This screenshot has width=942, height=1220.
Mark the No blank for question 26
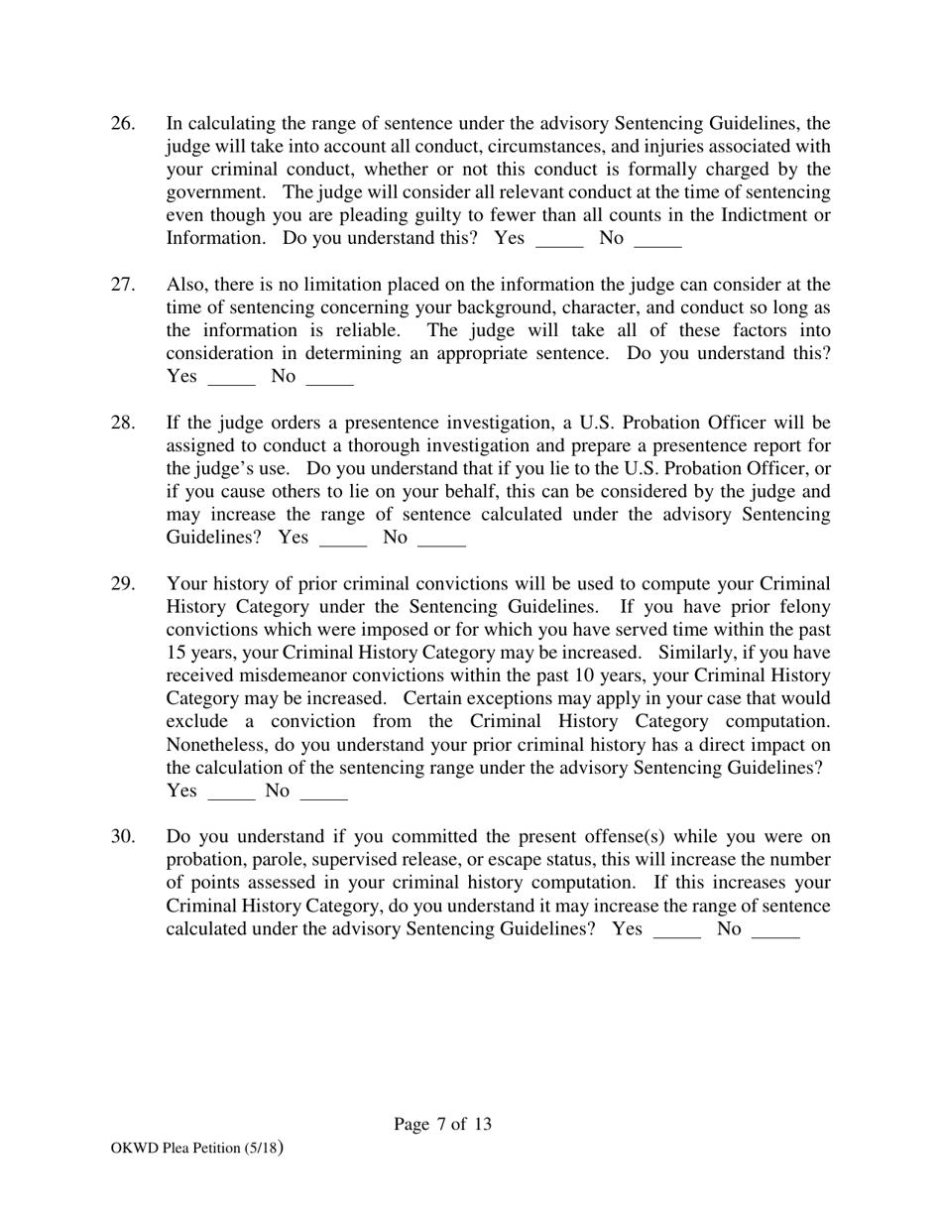657,240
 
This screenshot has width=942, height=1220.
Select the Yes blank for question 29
232,793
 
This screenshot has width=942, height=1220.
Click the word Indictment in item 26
760,216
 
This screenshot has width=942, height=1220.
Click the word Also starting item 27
186,286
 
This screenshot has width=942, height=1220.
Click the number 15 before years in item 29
177,653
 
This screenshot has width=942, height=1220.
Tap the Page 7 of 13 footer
442,1124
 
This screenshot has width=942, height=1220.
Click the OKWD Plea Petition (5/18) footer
197,1149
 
